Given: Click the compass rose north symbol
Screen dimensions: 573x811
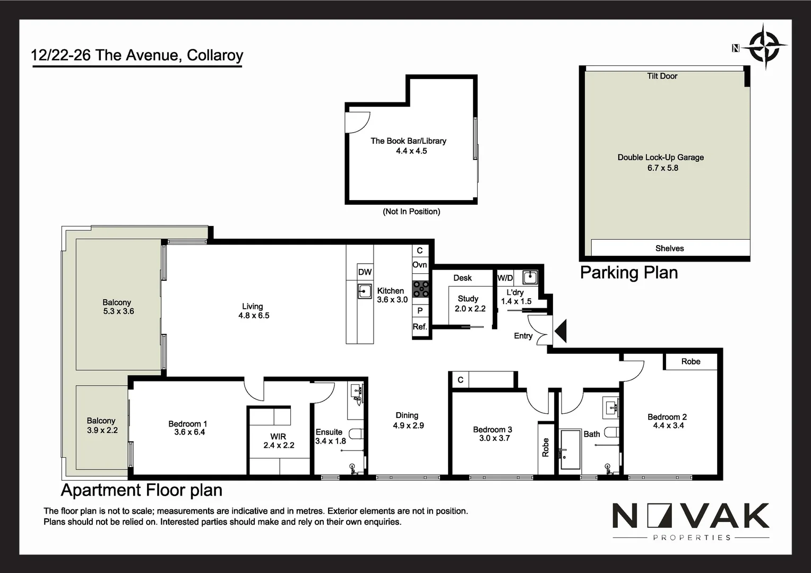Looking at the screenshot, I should [764, 47].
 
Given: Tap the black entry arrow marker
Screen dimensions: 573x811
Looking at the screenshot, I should [560, 332].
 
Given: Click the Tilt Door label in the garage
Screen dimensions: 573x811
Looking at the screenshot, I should [662, 76].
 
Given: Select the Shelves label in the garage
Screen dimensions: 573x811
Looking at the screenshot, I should [669, 248].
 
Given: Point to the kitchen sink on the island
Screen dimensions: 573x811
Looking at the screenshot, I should [365, 291].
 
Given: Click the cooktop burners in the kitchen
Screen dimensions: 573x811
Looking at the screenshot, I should [421, 289].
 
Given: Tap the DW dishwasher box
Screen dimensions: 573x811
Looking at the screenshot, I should [365, 272].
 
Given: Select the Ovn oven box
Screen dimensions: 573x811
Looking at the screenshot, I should [420, 265].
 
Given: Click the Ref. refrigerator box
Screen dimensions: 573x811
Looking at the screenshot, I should [420, 327].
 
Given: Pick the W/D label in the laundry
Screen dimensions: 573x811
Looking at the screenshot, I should [505, 278].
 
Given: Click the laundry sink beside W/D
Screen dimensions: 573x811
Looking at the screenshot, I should [530, 277].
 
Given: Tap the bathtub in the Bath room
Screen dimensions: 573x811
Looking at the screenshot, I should [571, 450].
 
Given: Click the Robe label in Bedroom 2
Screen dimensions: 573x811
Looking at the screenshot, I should [691, 361].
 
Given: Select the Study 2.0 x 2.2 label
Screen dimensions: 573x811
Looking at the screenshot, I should [470, 303].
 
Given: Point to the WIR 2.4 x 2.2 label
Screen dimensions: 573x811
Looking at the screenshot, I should [279, 441].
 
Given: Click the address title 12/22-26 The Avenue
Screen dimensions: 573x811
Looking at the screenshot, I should [137, 55].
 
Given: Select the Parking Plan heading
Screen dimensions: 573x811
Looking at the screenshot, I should [629, 273].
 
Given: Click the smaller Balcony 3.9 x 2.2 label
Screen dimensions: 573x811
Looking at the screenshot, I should [102, 426].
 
